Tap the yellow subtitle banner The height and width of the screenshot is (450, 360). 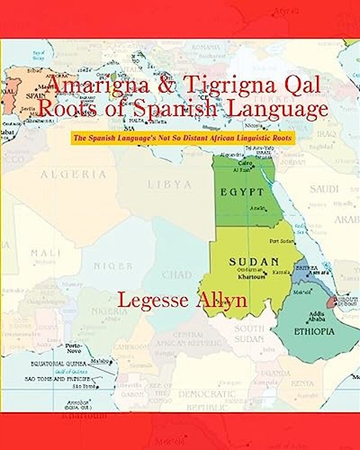(x=182, y=138)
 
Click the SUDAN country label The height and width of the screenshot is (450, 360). (x=254, y=262)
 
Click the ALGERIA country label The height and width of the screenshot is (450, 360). (x=73, y=175)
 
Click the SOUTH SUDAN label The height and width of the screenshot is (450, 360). (x=249, y=334)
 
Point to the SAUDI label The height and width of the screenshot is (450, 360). (x=324, y=189)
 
